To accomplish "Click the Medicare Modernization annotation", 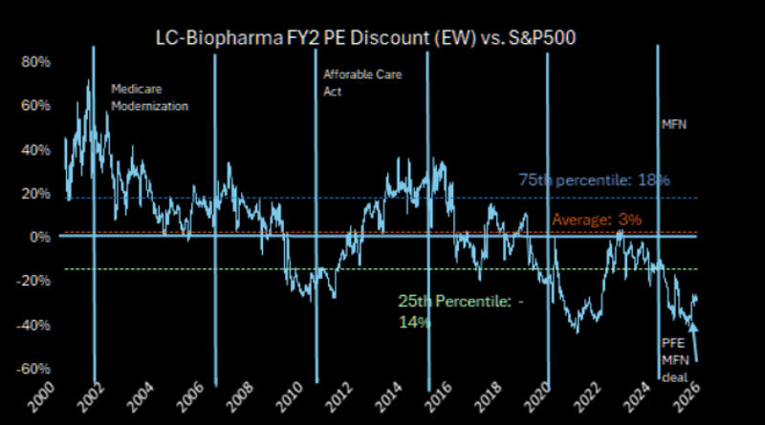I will coord(149,97).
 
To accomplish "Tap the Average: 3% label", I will coord(596,221).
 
